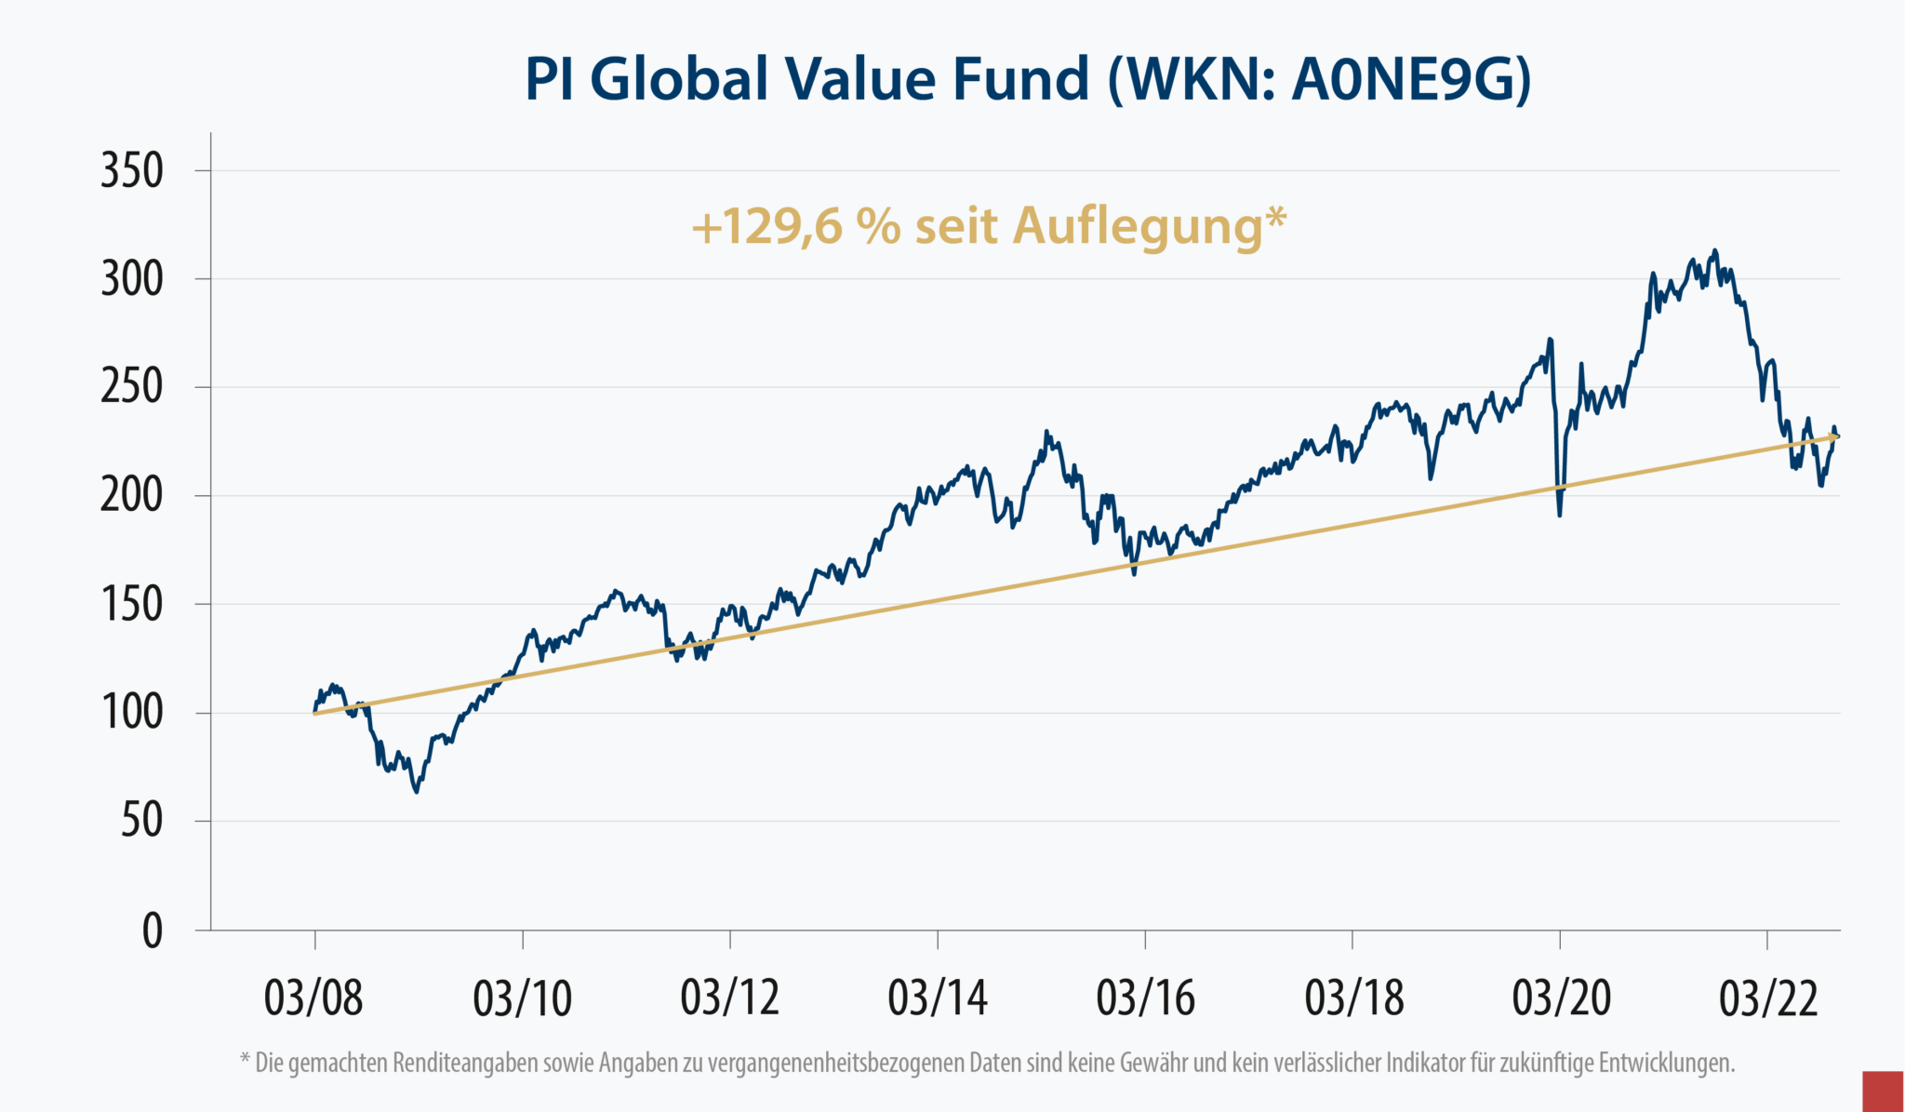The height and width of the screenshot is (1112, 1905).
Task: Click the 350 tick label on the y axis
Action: (132, 171)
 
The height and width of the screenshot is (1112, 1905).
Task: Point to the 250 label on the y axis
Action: (132, 387)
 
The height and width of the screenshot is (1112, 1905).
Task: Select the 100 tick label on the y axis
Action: (132, 713)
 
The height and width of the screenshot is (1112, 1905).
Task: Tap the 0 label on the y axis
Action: (153, 931)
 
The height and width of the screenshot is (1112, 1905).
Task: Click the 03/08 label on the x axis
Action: (313, 998)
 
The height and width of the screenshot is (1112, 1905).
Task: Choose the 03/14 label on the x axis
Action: (937, 998)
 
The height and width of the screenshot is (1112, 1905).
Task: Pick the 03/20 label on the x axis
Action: (1561, 998)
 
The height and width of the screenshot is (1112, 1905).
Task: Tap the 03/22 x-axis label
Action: (1767, 998)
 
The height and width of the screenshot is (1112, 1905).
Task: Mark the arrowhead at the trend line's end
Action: (1833, 435)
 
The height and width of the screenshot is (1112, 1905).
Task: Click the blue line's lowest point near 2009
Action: (417, 792)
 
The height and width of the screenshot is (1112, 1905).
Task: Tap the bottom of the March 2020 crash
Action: (1559, 515)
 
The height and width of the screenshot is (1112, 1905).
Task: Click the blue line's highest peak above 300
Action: (1715, 250)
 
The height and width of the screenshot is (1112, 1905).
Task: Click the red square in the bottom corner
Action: (1883, 1091)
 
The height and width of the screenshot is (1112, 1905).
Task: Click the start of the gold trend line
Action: (316, 714)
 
